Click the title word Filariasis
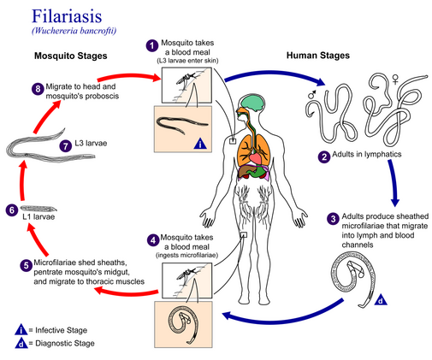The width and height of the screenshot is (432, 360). point(67,16)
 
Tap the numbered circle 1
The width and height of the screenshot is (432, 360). point(152,45)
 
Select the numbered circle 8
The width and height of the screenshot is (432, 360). point(38,89)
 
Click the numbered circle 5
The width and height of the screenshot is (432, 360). point(26,265)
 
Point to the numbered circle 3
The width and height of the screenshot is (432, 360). point(333,219)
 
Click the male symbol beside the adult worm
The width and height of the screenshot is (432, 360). point(312,94)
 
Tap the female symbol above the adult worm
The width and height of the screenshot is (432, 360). point(395,80)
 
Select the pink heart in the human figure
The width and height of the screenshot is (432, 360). point(255,158)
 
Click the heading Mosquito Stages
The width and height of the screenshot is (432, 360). point(71,56)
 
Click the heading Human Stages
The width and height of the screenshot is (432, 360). point(318,56)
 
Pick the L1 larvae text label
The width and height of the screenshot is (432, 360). point(38,217)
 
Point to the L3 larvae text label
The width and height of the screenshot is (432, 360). point(91,143)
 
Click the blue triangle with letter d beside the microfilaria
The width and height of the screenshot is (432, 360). point(381,300)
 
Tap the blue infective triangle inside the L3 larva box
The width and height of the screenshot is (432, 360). point(200,144)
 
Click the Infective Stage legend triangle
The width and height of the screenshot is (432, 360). point(21,330)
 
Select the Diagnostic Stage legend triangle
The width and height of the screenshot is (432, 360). point(21,343)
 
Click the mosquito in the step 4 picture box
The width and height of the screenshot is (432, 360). point(186,274)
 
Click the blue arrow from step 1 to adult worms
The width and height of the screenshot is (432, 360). point(275,74)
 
